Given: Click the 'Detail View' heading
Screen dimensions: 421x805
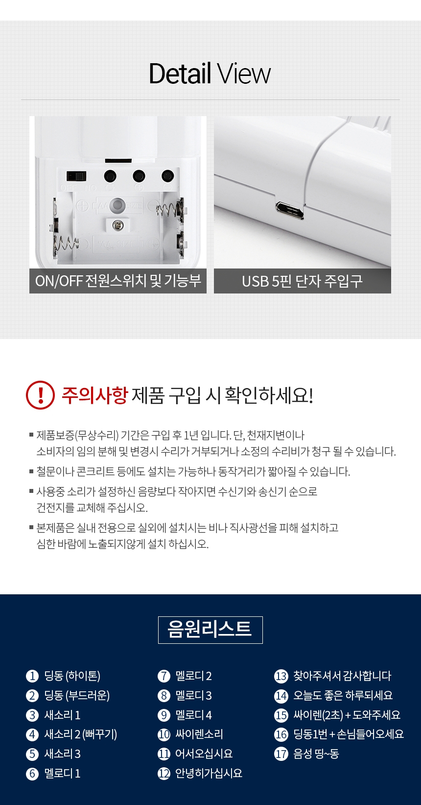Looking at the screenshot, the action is [210, 73].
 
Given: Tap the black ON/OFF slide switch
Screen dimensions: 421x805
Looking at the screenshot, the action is [76, 176].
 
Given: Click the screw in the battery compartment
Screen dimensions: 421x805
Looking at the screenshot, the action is [117, 225].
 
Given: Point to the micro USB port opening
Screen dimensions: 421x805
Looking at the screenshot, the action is [289, 210].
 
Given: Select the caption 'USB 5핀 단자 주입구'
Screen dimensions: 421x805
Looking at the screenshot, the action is [302, 281].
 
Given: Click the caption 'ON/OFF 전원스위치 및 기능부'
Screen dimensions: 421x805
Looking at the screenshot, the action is [118, 281].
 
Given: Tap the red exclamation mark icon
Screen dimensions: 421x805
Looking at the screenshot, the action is [40, 395].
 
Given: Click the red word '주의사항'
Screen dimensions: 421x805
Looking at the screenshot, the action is [94, 395].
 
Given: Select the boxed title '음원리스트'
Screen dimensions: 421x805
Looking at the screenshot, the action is [210, 630].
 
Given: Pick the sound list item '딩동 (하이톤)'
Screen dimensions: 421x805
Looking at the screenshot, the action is [72, 676].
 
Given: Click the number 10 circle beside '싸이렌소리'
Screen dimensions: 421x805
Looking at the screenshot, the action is [164, 734].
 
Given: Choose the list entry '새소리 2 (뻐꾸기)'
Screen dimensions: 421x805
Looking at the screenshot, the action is [80, 734].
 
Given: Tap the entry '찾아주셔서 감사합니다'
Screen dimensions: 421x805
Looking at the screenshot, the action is [342, 676].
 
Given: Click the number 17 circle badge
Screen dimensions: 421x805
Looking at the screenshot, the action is [281, 754].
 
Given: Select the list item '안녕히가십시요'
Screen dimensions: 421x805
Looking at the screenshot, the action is [209, 773].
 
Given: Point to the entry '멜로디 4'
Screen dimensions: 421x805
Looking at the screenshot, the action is [194, 715].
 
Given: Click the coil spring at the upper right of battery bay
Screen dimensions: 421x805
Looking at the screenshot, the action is [168, 209].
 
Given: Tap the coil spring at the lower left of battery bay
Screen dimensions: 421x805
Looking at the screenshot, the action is [67, 245].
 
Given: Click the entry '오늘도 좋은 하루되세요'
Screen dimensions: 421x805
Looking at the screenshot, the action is [343, 695].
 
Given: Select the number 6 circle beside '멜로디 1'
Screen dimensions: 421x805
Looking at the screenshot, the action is [32, 773].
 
